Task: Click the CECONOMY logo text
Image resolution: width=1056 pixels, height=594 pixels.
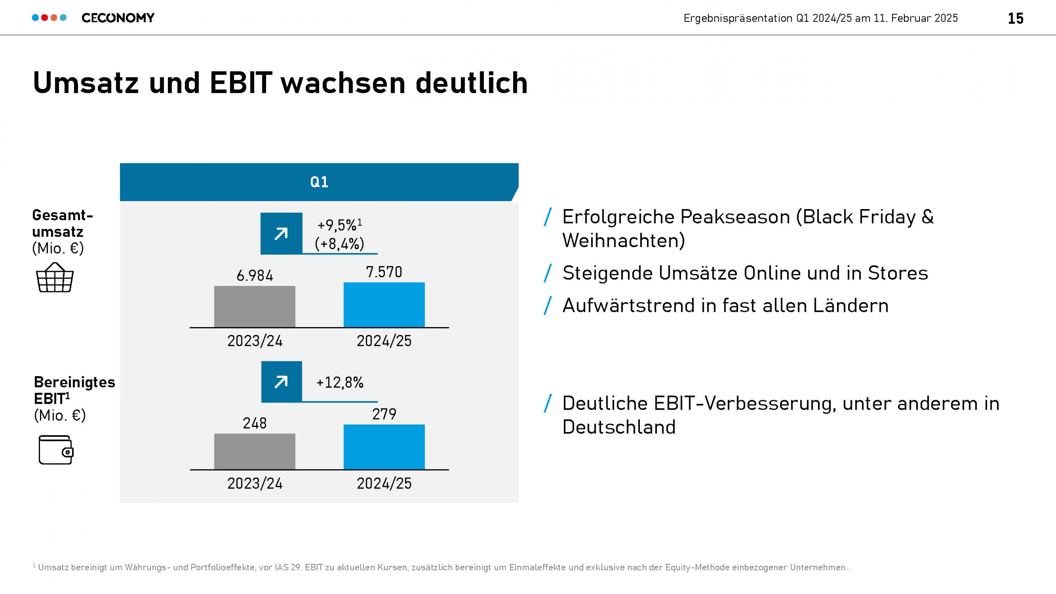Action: pyautogui.click(x=118, y=18)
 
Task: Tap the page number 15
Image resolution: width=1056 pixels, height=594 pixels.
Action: pyautogui.click(x=1015, y=19)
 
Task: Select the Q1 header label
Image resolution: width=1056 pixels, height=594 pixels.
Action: pyautogui.click(x=319, y=182)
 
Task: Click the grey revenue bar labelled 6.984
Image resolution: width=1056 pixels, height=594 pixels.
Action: pyautogui.click(x=255, y=306)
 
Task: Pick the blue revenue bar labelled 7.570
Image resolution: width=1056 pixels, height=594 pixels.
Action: pyautogui.click(x=384, y=305)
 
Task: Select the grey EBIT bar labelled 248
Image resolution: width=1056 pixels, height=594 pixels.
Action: pyautogui.click(x=255, y=451)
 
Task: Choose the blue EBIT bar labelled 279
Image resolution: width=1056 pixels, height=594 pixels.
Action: pyautogui.click(x=384, y=447)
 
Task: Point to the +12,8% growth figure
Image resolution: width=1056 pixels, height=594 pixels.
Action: pyautogui.click(x=339, y=382)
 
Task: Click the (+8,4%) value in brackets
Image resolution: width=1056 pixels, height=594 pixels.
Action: pyautogui.click(x=339, y=244)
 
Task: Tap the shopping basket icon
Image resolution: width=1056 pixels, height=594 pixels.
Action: pyautogui.click(x=55, y=278)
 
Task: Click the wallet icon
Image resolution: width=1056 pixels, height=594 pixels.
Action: pyautogui.click(x=56, y=450)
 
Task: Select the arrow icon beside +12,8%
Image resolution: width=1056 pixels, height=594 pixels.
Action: pyautogui.click(x=281, y=382)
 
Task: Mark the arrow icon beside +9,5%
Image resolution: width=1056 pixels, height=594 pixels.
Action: pyautogui.click(x=281, y=234)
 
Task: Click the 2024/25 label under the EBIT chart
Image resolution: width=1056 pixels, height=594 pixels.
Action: pyautogui.click(x=384, y=483)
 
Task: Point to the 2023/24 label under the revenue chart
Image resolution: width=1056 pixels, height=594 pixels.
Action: pyautogui.click(x=255, y=341)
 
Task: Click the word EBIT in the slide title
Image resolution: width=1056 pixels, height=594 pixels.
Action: pyautogui.click(x=241, y=83)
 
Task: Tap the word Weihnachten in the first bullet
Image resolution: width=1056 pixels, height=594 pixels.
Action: pyautogui.click(x=623, y=240)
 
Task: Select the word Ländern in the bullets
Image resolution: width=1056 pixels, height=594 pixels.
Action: pyautogui.click(x=850, y=306)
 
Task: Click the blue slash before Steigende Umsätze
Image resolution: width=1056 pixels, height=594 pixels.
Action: pyautogui.click(x=548, y=273)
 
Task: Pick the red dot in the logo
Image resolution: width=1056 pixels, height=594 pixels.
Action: pyautogui.click(x=45, y=18)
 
